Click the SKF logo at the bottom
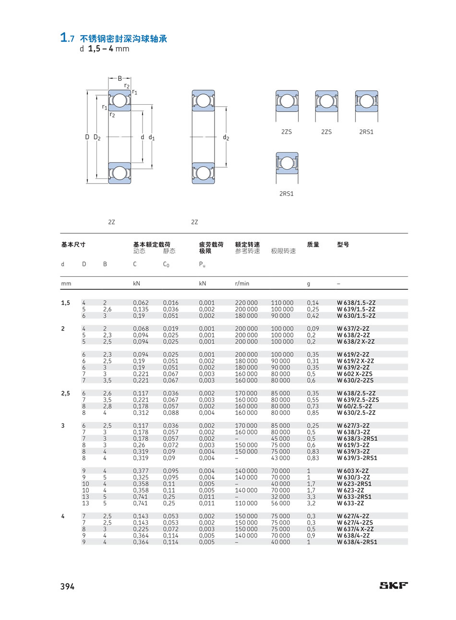394,585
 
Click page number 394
67,586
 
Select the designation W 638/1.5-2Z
356,303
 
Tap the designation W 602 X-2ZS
355,374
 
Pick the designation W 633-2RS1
354,497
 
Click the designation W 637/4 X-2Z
355,529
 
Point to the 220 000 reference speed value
246,303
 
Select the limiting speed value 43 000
280,458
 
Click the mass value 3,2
311,503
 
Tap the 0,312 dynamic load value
141,413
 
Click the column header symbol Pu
202,264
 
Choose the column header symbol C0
166,264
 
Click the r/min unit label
242,284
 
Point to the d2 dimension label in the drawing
226,137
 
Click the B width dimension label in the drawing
120,78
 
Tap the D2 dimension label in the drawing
97,137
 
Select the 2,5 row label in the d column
65,393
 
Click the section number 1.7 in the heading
67,37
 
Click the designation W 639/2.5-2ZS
358,400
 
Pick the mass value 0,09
313,329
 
